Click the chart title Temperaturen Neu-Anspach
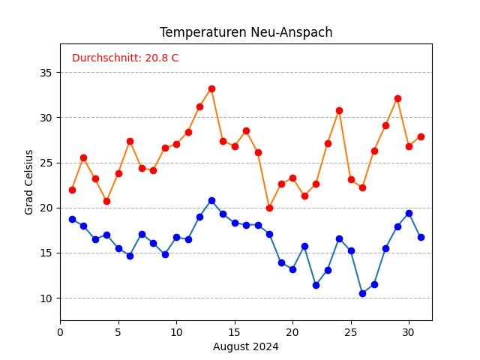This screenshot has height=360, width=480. pyautogui.click(x=246, y=32)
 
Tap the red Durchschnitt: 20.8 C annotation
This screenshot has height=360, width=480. pyautogui.click(x=125, y=58)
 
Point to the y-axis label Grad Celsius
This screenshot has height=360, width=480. pyautogui.click(x=29, y=182)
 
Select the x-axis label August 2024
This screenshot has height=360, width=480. pyautogui.click(x=246, y=346)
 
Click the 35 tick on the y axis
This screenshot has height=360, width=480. pyautogui.click(x=45, y=73)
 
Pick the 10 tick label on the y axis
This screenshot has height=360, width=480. pyautogui.click(x=45, y=298)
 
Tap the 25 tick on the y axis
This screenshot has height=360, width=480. pyautogui.click(x=45, y=163)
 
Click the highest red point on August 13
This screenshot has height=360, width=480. pyautogui.click(x=211, y=88)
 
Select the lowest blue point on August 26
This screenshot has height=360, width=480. pyautogui.click(x=362, y=293)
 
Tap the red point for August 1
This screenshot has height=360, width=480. pyautogui.click(x=72, y=190)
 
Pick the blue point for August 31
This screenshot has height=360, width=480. pyautogui.click(x=421, y=237)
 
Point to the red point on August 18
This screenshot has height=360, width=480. pyautogui.click(x=269, y=208)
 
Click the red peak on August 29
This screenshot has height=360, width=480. pyautogui.click(x=397, y=98)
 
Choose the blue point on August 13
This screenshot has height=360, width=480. pyautogui.click(x=211, y=200)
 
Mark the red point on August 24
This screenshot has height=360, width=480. pyautogui.click(x=339, y=110)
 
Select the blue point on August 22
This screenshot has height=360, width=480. pyautogui.click(x=316, y=285)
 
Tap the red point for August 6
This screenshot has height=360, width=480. pyautogui.click(x=130, y=141)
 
